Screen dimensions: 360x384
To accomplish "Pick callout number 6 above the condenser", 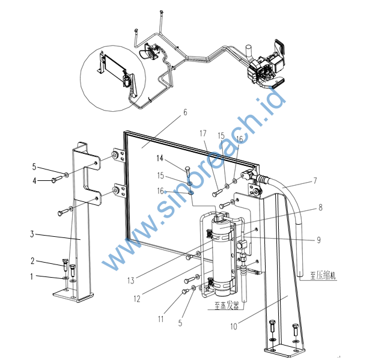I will click(x=185, y=112).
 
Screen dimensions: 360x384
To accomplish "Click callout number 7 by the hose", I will click(x=315, y=180).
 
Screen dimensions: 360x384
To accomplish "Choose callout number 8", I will click(x=320, y=209).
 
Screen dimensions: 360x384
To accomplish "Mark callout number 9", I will click(x=319, y=239).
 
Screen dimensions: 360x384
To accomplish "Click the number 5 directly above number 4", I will click(x=34, y=166).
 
